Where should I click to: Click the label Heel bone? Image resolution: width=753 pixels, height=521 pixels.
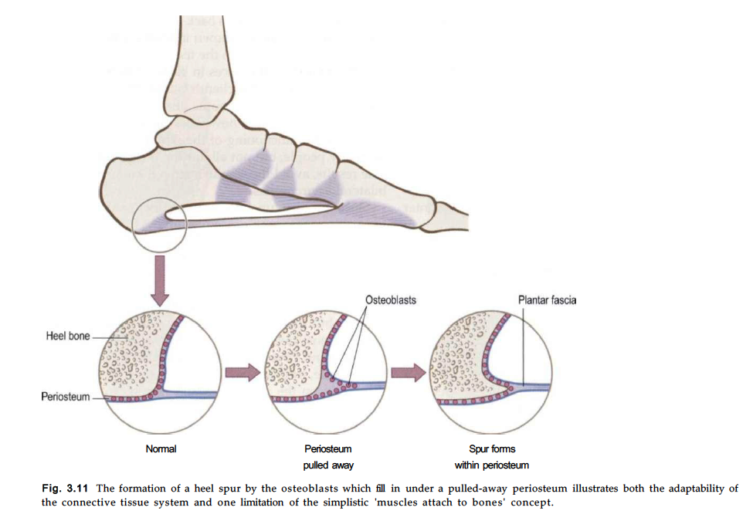[68, 336]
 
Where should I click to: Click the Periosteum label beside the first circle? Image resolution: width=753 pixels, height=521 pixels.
[66, 397]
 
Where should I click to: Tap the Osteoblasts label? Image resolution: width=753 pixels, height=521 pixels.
[391, 299]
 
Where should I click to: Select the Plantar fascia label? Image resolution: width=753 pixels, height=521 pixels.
[547, 299]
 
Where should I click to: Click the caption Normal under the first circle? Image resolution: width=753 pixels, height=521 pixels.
[161, 448]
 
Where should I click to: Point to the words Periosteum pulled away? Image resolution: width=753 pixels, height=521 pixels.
[328, 457]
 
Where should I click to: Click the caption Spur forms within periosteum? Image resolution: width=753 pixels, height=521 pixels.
[492, 457]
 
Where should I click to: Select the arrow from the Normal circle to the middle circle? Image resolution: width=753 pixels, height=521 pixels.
[243, 372]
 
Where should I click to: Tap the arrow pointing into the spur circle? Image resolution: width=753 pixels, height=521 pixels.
[409, 372]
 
